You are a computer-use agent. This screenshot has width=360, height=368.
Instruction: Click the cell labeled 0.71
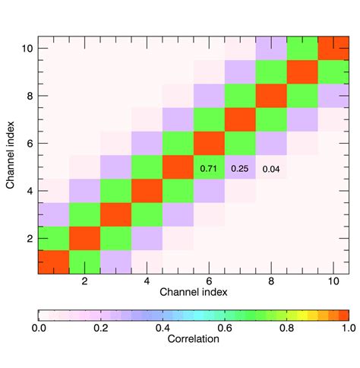coord(209,167)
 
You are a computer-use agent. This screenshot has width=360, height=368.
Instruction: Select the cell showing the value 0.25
coord(240,167)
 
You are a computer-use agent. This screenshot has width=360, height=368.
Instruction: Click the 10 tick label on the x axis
coord(333,281)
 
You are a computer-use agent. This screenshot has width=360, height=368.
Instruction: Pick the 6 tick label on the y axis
coord(27,143)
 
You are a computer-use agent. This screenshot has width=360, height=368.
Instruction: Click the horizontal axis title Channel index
coord(194,292)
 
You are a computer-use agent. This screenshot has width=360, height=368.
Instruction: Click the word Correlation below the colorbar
coord(194,340)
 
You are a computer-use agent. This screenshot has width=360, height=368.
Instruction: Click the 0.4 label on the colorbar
coord(163,328)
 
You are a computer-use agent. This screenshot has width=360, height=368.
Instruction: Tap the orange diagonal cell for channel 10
coord(333,48)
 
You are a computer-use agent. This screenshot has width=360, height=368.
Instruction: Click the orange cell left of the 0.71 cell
coord(178,167)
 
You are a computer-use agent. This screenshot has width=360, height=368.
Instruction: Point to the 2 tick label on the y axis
coord(27,238)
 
